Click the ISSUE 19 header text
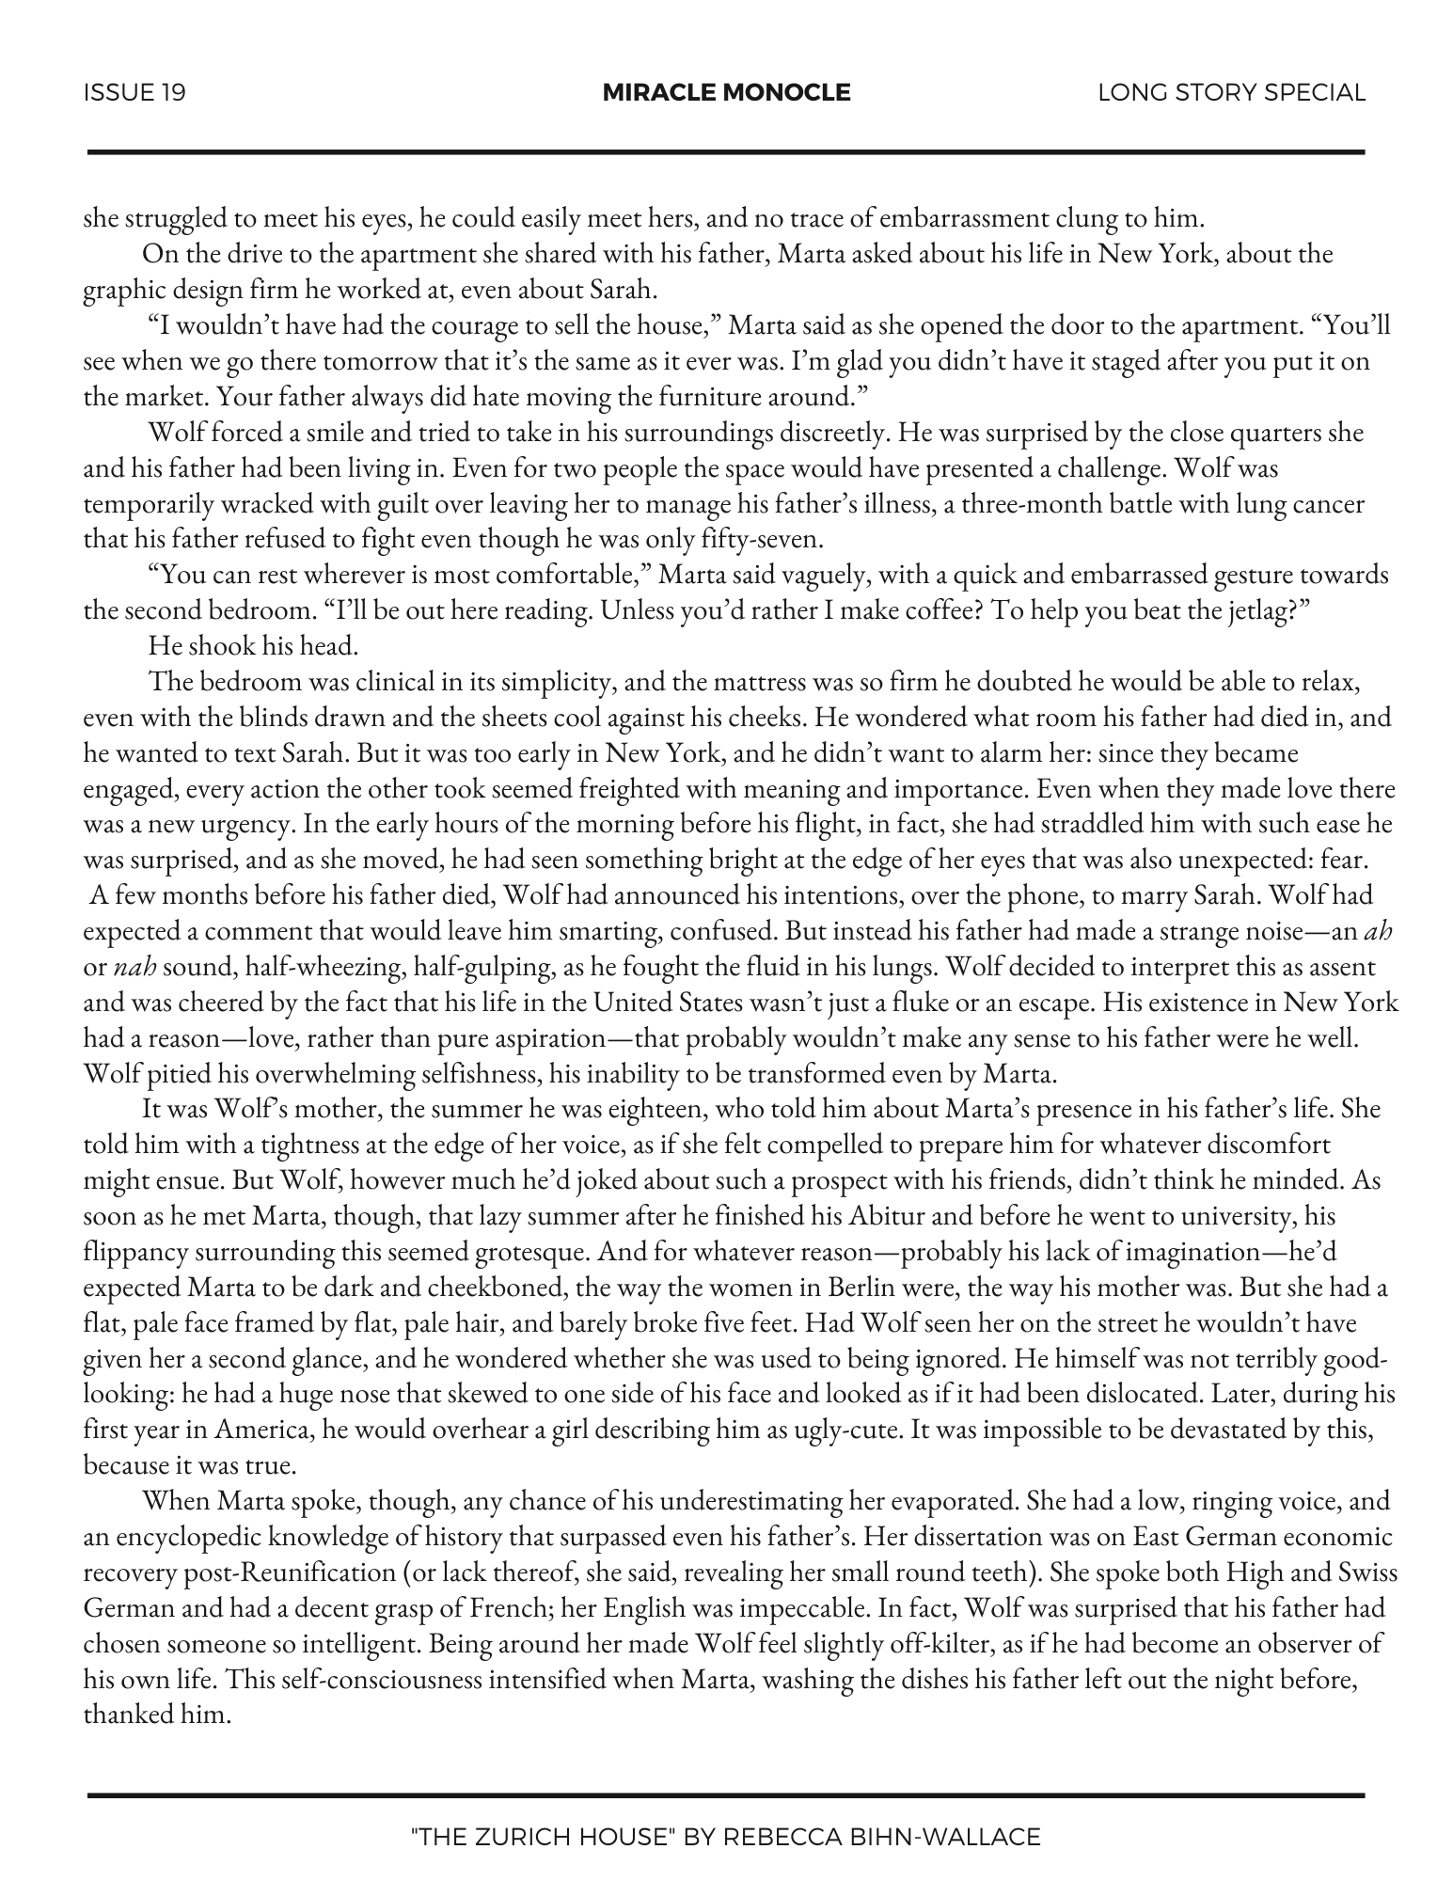tap(134, 92)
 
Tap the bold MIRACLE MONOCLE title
tap(726, 92)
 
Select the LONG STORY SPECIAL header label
tap(1231, 92)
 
